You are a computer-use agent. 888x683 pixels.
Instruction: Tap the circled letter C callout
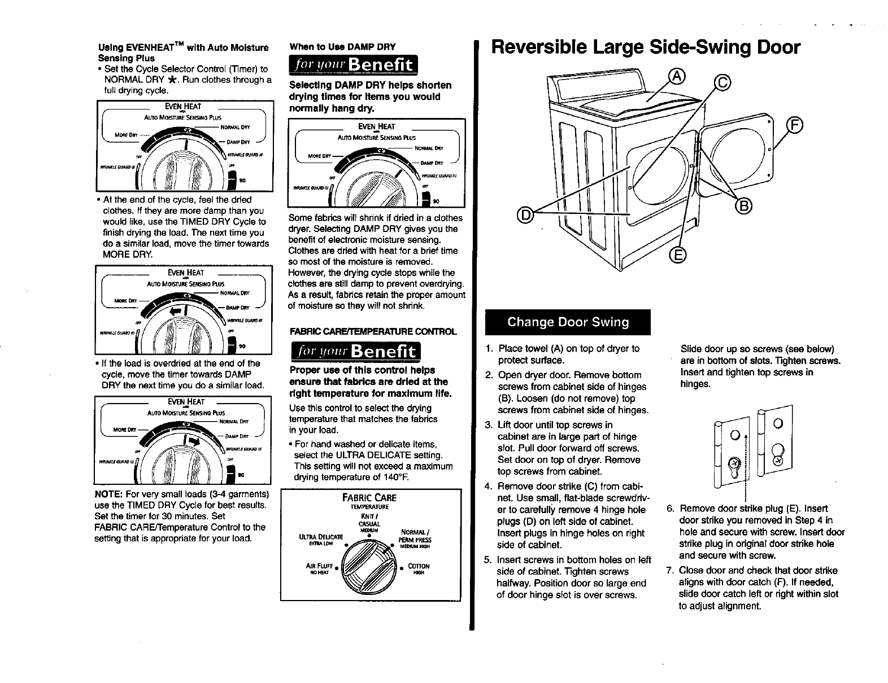(722, 84)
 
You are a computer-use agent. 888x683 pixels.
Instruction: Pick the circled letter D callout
(525, 214)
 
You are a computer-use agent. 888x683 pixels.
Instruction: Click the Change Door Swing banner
(568, 322)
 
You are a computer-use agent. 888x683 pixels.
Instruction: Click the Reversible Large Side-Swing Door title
(645, 47)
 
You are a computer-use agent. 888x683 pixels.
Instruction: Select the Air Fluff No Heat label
(318, 568)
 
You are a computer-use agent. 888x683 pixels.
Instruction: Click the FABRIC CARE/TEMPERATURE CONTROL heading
(373, 331)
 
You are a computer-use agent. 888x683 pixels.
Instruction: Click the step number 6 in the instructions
(671, 508)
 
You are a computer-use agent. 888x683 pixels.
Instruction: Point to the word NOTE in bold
(106, 493)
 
